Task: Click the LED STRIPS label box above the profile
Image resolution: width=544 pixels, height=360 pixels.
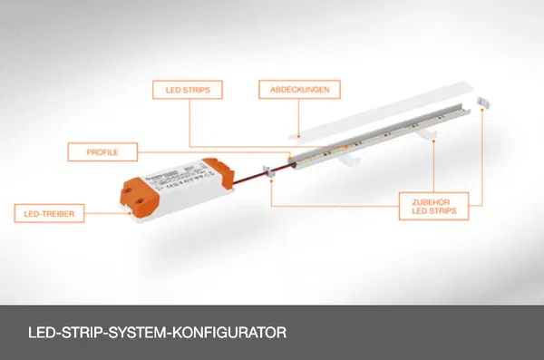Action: [x=188, y=90]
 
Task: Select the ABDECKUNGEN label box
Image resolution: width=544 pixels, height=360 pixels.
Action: [x=299, y=90]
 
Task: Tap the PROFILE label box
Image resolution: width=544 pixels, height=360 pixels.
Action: [x=102, y=152]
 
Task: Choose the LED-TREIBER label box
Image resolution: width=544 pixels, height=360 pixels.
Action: [x=49, y=213]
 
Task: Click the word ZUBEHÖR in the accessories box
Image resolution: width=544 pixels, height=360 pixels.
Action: [x=431, y=202]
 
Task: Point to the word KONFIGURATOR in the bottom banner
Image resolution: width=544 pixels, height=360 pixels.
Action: [x=229, y=333]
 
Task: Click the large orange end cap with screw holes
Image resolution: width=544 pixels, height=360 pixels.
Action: [x=140, y=197]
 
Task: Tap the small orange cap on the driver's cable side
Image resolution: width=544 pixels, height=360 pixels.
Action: [x=219, y=172]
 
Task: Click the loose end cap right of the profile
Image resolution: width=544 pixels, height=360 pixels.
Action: [x=483, y=102]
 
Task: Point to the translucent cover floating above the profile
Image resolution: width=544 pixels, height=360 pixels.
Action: [x=381, y=111]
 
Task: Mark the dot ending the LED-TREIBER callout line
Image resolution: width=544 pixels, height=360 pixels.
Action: [x=130, y=213]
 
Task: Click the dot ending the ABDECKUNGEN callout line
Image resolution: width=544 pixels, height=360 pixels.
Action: [x=298, y=137]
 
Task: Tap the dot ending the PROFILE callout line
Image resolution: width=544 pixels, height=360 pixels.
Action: [x=290, y=159]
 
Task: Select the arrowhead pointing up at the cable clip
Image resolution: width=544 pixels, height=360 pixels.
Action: [x=271, y=180]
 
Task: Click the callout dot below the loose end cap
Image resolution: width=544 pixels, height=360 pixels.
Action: [x=482, y=110]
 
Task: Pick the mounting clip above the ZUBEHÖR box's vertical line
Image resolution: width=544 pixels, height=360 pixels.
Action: [x=427, y=133]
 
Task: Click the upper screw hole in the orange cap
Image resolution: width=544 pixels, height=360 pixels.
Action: [x=129, y=190]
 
